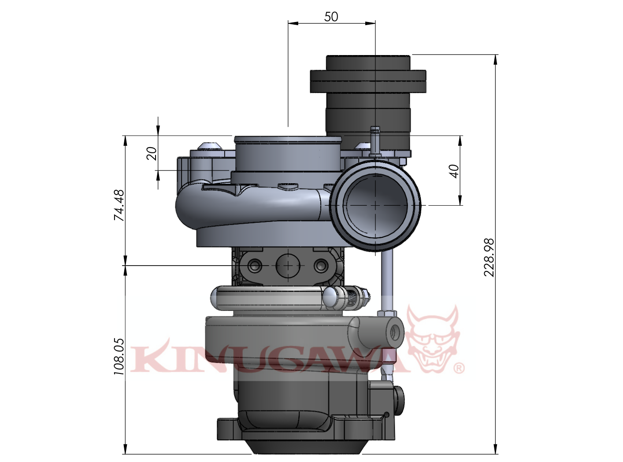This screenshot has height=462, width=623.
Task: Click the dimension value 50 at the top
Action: point(331,17)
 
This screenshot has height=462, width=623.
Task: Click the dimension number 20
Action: point(152,153)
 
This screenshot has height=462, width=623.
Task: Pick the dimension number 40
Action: point(454,170)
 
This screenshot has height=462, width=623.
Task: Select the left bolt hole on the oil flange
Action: point(255,266)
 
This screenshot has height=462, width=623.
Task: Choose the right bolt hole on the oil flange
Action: point(321,266)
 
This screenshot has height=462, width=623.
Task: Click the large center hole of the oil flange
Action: point(288,266)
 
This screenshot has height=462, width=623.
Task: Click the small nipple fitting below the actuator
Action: point(375,139)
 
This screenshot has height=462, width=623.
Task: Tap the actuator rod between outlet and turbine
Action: point(386,277)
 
